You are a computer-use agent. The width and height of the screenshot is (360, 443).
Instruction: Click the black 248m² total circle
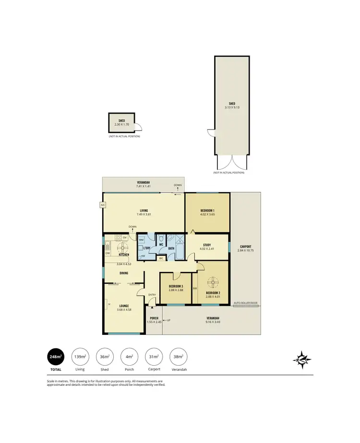click(x=56, y=357)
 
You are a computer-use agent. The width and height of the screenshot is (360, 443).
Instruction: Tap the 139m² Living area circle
click(x=80, y=357)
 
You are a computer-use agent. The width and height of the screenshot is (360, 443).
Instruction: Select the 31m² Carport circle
click(x=154, y=357)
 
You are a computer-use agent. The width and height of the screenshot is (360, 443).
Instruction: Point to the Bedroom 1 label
click(x=207, y=211)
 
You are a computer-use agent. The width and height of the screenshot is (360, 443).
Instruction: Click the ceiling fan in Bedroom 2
click(x=212, y=283)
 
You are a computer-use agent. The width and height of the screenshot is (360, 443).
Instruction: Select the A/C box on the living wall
click(x=102, y=205)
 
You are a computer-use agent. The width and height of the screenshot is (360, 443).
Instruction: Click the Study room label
click(x=207, y=245)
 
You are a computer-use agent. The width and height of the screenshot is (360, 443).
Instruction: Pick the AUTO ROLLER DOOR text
click(x=245, y=303)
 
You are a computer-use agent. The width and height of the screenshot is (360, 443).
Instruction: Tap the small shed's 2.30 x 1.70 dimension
click(x=121, y=124)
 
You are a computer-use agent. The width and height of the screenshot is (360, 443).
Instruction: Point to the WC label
click(x=162, y=244)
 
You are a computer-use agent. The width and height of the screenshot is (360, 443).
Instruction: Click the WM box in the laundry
click(x=141, y=240)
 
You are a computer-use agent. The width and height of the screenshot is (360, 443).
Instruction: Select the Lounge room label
click(x=123, y=306)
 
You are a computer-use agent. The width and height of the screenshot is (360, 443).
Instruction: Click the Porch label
click(x=154, y=318)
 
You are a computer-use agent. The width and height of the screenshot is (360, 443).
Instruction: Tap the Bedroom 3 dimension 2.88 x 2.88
click(x=175, y=290)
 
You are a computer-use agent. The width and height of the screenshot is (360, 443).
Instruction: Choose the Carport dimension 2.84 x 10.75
click(x=245, y=250)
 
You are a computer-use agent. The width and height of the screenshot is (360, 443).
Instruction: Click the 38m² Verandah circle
click(x=179, y=357)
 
